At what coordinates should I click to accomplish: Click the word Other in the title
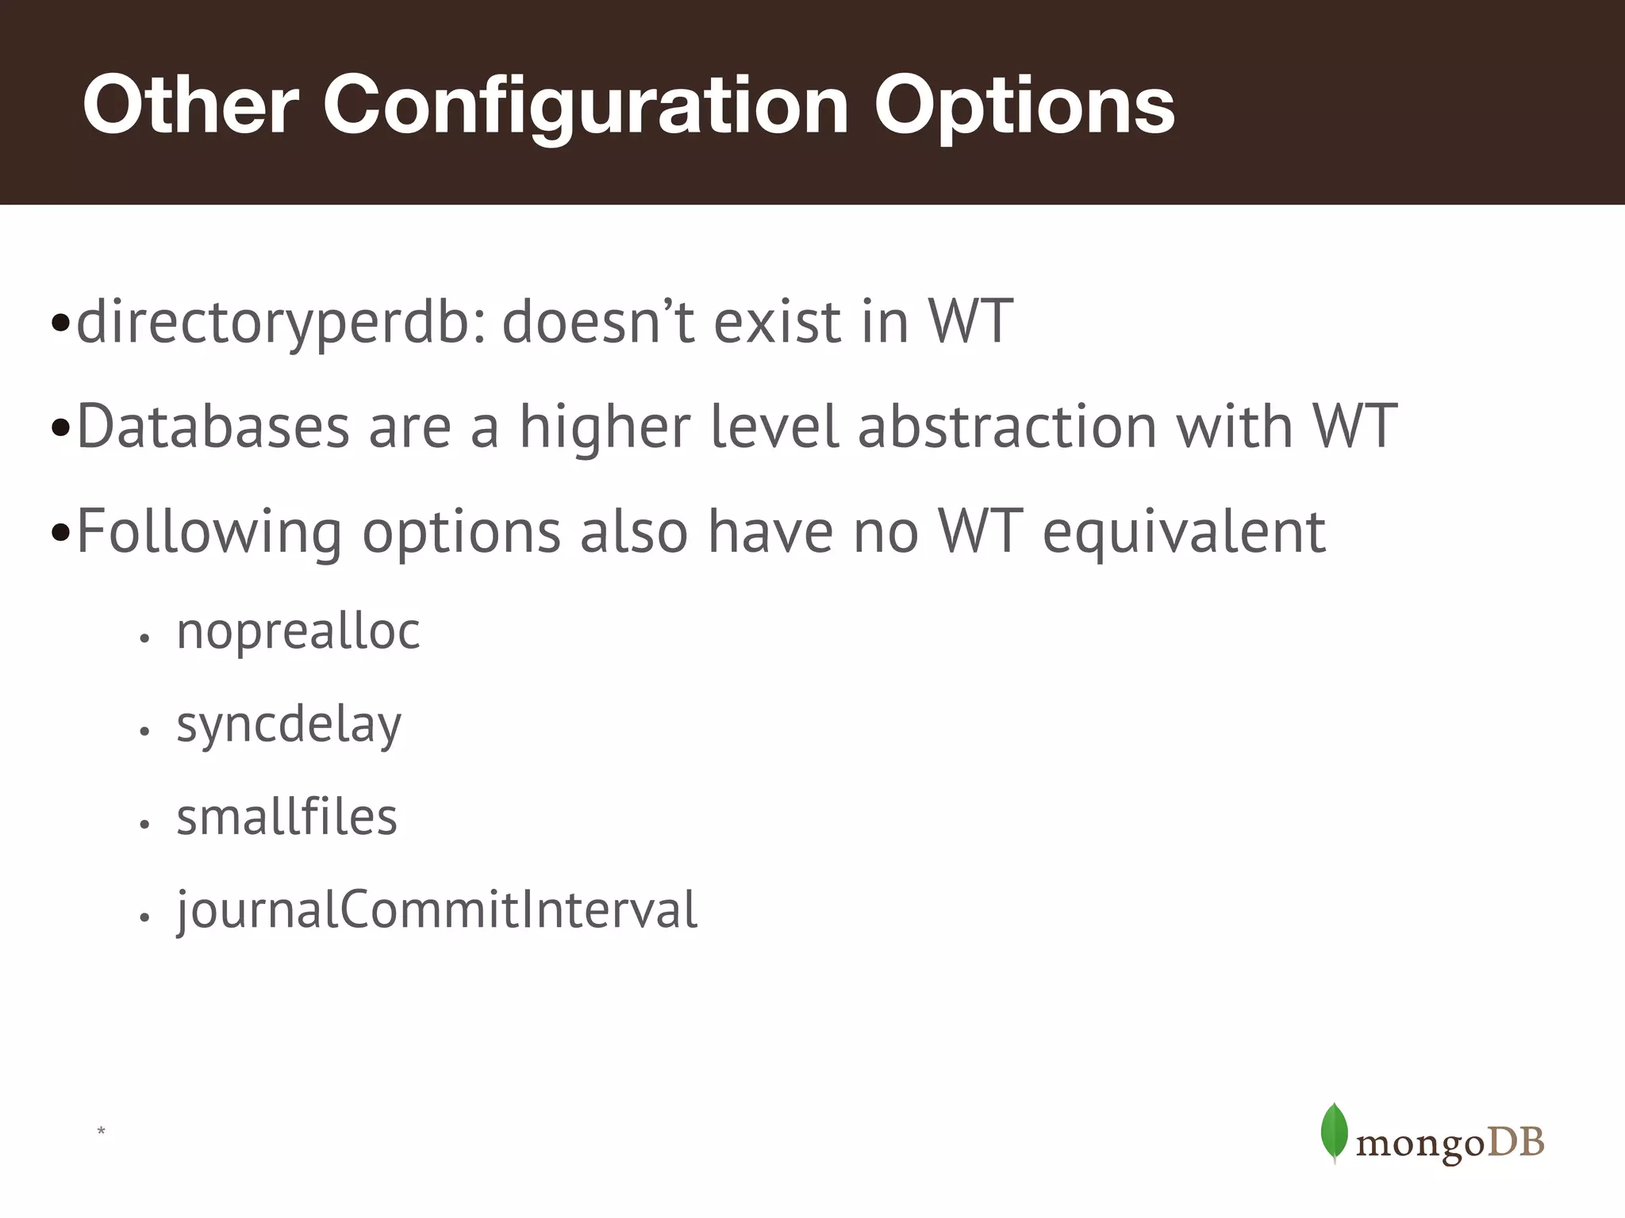tap(190, 105)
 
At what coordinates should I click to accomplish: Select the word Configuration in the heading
tap(586, 105)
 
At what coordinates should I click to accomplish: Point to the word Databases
tap(213, 427)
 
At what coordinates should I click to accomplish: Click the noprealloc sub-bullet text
tap(298, 632)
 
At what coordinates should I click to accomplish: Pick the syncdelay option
tap(289, 725)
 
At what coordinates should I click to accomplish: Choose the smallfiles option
tap(286, 818)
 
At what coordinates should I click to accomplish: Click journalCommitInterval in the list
tap(436, 910)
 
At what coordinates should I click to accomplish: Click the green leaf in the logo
tap(1334, 1132)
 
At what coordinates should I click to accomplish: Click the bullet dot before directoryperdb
tap(60, 324)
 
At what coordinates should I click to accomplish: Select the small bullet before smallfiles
tap(144, 825)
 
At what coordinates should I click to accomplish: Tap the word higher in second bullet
tap(605, 427)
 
